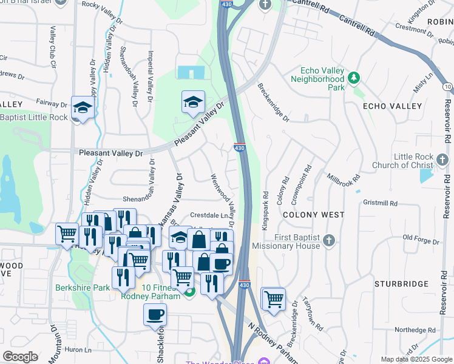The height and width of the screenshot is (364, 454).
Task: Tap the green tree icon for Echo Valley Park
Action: tap(353, 78)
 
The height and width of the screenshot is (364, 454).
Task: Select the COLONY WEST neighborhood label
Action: tap(313, 215)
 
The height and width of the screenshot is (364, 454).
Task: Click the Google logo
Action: tap(20, 357)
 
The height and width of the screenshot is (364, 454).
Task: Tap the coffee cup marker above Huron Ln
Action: tap(155, 314)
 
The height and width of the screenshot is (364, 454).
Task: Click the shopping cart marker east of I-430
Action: tap(274, 298)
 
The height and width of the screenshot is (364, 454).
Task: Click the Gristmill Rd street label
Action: tap(381, 204)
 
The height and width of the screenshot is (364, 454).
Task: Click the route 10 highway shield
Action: tap(447, 87)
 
